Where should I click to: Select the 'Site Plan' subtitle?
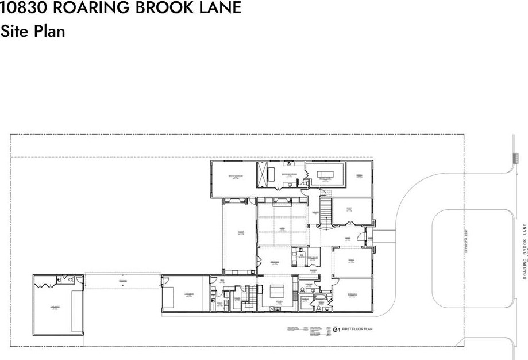click(x=33, y=31)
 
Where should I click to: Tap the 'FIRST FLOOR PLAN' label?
click(x=357, y=330)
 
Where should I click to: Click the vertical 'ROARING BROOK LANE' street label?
click(x=525, y=251)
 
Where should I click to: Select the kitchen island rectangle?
click(x=278, y=289)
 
